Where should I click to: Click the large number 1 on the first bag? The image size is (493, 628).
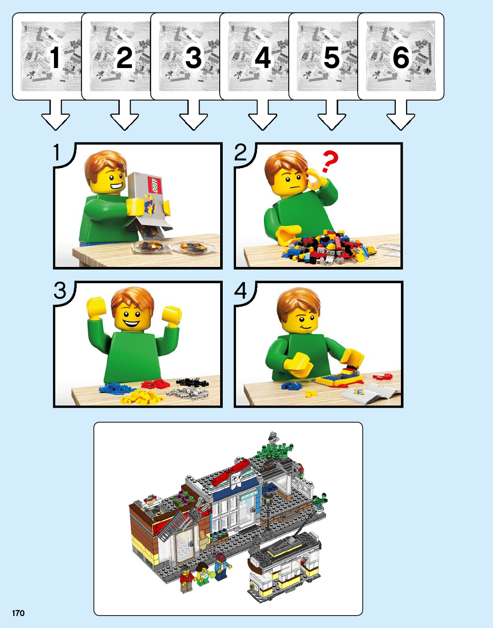click(x=55, y=58)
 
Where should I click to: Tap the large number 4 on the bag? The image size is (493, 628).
click(x=263, y=58)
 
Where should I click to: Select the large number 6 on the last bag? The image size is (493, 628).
click(x=401, y=58)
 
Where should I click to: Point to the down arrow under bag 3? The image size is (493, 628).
click(x=194, y=115)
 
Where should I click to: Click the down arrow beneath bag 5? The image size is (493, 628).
click(x=332, y=115)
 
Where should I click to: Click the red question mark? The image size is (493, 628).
click(x=329, y=161)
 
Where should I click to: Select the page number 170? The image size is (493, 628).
click(x=18, y=613)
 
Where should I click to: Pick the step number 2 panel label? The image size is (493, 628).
click(x=240, y=152)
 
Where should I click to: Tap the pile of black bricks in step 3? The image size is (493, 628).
click(x=192, y=382)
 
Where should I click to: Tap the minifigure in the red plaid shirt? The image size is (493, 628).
click(x=187, y=579)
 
